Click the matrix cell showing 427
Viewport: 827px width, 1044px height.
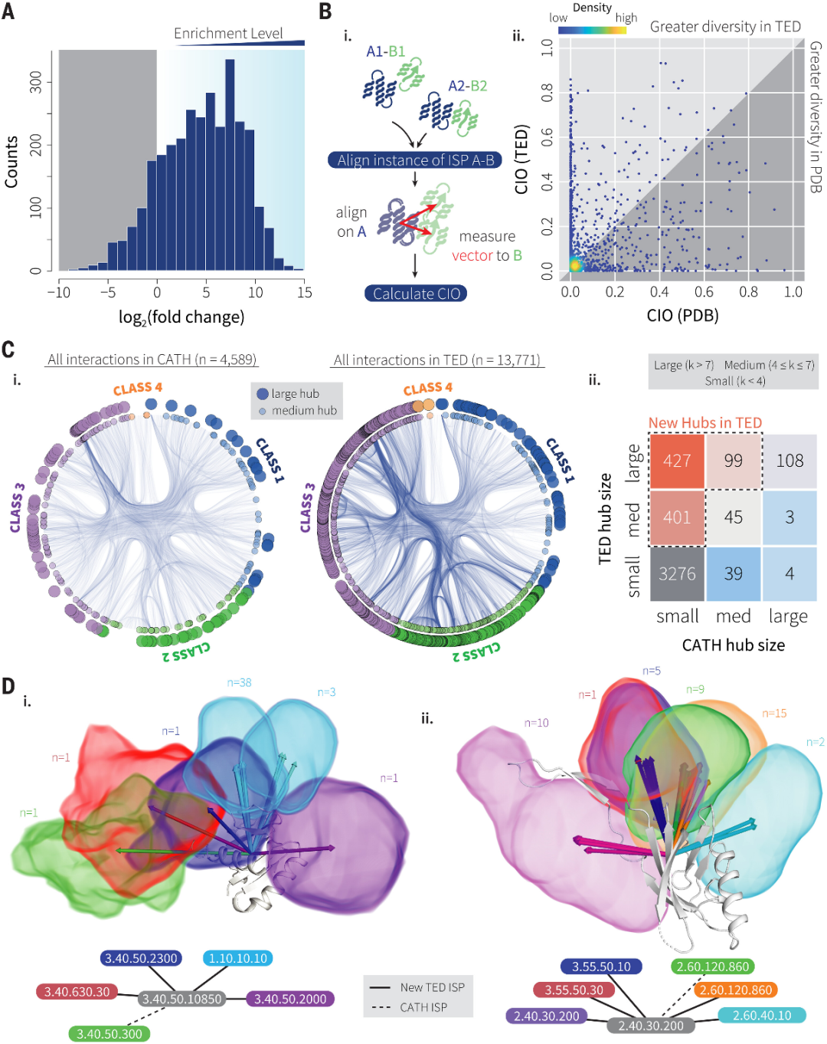tap(677, 461)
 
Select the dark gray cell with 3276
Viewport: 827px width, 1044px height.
tap(677, 573)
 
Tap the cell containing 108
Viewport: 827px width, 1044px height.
tap(789, 461)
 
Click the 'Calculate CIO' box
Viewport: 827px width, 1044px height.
tap(416, 294)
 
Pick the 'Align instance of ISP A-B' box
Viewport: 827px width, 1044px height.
tap(416, 160)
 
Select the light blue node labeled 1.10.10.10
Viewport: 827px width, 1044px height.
tap(238, 958)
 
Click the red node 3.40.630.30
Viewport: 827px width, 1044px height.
tap(77, 992)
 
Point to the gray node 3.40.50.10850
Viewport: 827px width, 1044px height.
tap(182, 999)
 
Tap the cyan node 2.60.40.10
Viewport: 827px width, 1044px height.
tap(762, 1015)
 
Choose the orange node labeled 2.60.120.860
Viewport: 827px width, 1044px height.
tap(735, 990)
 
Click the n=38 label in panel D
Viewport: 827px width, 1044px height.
tap(239, 682)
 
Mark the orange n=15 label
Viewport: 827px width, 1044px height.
tap(774, 714)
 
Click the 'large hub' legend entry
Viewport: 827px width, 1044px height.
tap(295, 393)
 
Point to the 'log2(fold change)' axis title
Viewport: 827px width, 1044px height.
tap(181, 317)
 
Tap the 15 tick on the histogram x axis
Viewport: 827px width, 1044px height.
tap(305, 292)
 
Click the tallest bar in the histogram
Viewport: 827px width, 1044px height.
tap(230, 165)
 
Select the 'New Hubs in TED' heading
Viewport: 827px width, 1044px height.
tap(704, 423)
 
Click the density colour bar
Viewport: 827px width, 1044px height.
tap(592, 31)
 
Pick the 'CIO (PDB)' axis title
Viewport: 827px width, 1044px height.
tap(682, 315)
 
